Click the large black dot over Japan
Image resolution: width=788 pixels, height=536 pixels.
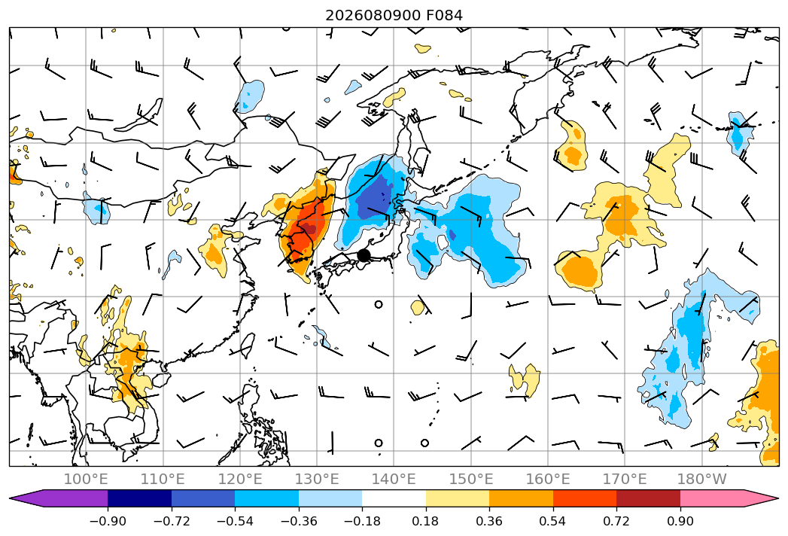(364, 255)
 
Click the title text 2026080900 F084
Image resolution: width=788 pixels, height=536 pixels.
(394, 15)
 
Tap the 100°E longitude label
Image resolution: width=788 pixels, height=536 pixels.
(86, 479)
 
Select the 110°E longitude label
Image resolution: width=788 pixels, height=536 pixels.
(163, 479)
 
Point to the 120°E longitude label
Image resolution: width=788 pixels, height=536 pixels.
(240, 479)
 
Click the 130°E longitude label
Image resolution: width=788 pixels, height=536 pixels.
(317, 479)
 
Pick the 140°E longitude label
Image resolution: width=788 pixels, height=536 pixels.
(394, 479)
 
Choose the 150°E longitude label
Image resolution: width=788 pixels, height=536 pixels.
(471, 479)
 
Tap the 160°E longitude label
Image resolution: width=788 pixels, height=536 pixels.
(548, 479)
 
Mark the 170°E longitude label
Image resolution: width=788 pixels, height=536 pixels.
(625, 479)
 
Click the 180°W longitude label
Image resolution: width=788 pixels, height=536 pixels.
(702, 479)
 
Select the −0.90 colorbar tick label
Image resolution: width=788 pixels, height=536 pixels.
(108, 521)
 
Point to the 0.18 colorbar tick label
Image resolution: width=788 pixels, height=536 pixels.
(426, 521)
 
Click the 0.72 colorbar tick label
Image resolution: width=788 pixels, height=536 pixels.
(616, 521)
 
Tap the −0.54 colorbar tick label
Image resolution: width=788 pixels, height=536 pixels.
(235, 521)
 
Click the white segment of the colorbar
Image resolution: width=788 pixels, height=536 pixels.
(394, 498)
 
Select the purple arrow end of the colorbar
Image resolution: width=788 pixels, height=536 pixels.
(58, 498)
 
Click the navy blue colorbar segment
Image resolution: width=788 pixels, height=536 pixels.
(139, 498)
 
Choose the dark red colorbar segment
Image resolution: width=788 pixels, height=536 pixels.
(648, 498)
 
